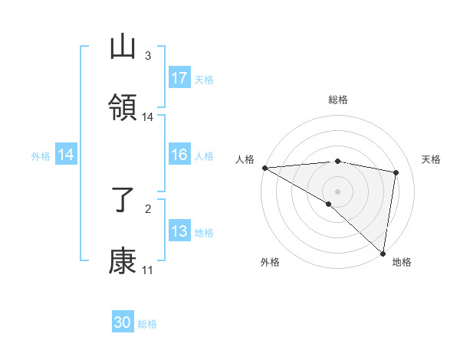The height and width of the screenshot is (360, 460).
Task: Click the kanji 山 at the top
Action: tap(123, 47)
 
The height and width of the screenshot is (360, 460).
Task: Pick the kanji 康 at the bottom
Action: tap(123, 261)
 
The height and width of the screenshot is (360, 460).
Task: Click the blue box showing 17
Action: tap(179, 78)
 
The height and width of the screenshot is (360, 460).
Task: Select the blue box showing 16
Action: tap(179, 155)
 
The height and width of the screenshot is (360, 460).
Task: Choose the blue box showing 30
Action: tap(123, 323)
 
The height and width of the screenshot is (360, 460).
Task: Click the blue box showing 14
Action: tap(66, 155)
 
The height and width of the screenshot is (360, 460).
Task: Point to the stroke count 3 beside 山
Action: tap(148, 56)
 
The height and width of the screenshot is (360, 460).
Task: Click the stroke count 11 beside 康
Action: tap(148, 270)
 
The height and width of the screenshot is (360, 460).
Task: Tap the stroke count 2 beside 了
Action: tap(148, 208)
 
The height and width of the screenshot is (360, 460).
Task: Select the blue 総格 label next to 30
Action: tap(147, 325)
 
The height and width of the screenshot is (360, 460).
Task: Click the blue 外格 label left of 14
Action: tap(41, 156)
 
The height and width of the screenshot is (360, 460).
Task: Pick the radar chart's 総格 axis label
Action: tap(338, 100)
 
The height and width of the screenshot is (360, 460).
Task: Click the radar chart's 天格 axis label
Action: tap(432, 159)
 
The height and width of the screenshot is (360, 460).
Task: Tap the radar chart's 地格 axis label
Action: tap(402, 263)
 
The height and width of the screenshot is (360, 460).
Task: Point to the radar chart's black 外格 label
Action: tap(270, 263)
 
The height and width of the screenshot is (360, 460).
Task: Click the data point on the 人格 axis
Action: tap(264, 168)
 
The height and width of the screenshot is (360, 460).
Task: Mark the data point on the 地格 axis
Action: tap(383, 253)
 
